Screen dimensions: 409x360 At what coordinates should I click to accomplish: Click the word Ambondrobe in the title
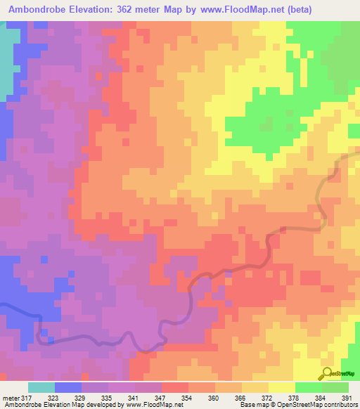[39, 10]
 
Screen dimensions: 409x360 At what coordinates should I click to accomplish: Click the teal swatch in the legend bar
[41, 387]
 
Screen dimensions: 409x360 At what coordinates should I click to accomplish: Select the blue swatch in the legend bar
[68, 387]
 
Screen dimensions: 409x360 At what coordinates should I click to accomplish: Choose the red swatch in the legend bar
[174, 387]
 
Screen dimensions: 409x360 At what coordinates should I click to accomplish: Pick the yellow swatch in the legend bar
[281, 387]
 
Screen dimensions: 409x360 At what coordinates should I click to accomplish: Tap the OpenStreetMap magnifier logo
[327, 374]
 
